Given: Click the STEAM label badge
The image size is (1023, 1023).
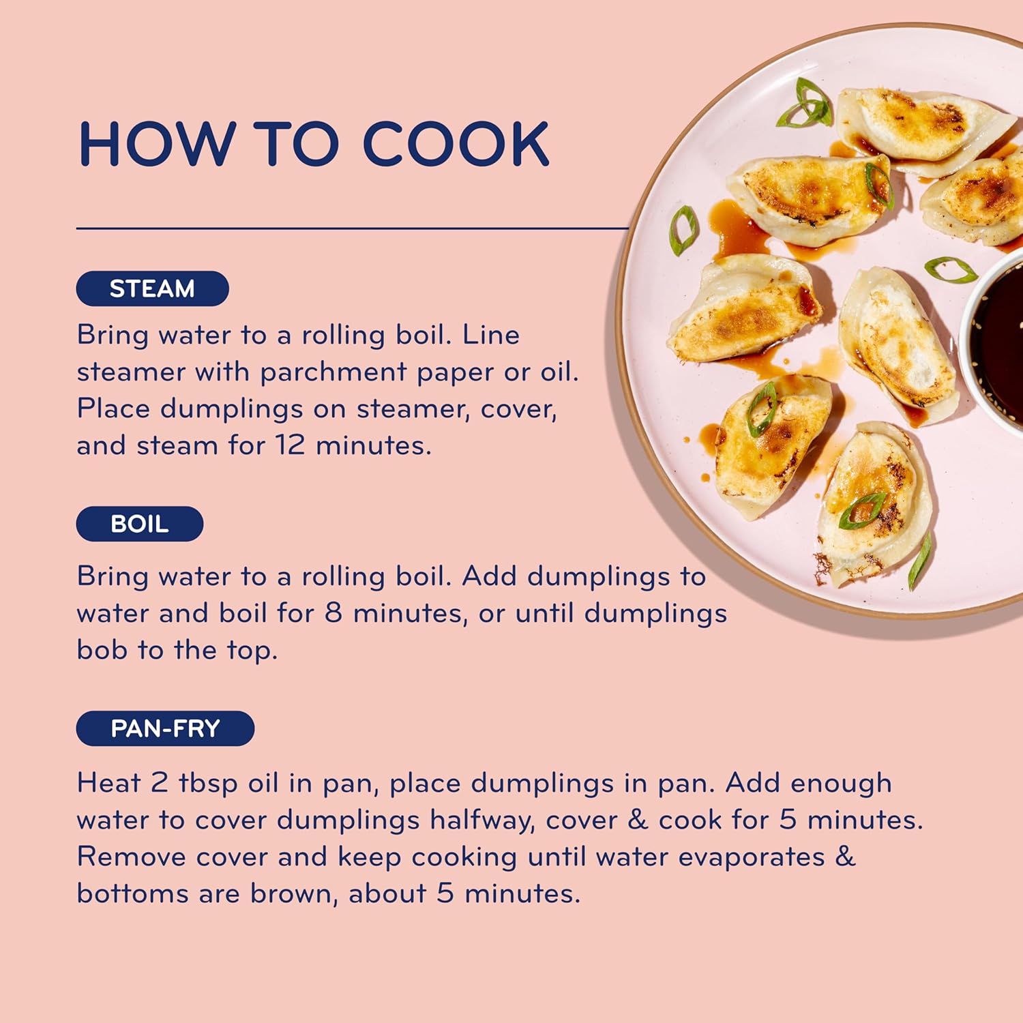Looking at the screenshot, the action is pos(152,288).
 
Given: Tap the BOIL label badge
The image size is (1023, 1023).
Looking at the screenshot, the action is pos(140,524).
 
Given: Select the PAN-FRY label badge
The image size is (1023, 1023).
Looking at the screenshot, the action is pos(165,728).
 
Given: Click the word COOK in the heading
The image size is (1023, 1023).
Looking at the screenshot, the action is pos(456,144).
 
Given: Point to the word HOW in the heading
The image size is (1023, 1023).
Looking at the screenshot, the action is pos(156,144).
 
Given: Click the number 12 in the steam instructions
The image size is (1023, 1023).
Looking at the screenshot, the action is pos(291,445).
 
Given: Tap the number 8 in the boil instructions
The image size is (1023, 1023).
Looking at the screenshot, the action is pos(333,612).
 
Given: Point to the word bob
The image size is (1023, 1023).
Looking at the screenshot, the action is pos(102,649).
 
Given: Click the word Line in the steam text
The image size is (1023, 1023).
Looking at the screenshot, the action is pos(491,335).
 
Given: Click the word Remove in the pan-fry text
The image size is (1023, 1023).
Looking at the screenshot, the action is pos(131,857).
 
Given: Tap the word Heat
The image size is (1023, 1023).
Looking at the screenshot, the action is pos(108,782).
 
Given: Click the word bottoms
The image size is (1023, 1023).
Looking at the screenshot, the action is pos(132,893).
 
